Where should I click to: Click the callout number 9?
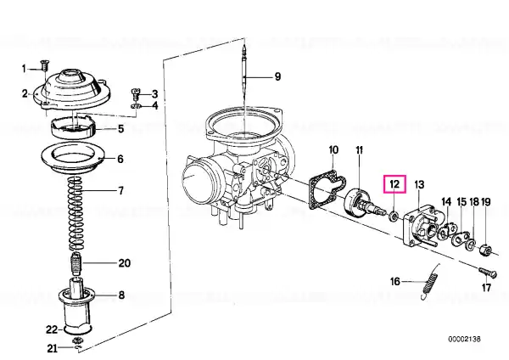click(x=277, y=76)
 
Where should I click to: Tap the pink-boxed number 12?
click(x=394, y=184)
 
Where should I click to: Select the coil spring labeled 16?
click(x=430, y=282)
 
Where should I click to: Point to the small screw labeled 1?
click(x=44, y=65)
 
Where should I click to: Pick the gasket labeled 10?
click(x=327, y=189)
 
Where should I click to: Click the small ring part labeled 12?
click(x=394, y=215)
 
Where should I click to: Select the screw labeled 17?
click(x=488, y=272)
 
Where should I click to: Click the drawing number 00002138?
click(x=464, y=340)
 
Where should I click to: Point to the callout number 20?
click(x=125, y=263)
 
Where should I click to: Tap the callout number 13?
click(x=419, y=185)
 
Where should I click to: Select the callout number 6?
click(x=120, y=159)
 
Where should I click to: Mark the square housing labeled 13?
click(x=422, y=228)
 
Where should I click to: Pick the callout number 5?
click(x=120, y=129)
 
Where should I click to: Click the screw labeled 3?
click(x=136, y=94)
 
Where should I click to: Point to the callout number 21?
click(x=53, y=349)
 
